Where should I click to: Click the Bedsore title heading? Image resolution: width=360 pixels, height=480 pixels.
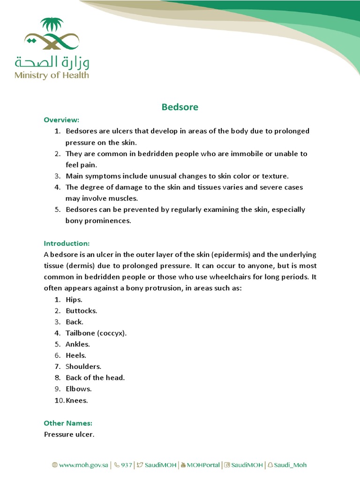pos(180,107)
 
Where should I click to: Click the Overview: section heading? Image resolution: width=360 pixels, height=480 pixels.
pos(61,120)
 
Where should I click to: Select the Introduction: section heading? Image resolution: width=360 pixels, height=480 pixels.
pos(67,243)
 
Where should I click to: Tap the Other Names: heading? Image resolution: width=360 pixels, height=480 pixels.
pos(68,423)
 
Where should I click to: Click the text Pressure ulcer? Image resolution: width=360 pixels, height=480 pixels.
pos(69,434)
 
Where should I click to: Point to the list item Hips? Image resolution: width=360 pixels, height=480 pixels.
pos(74,300)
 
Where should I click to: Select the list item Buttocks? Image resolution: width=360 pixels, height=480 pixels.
pos(81,311)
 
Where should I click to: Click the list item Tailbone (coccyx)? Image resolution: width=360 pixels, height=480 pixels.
pos(96,333)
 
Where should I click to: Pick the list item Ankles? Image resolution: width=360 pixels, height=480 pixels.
pos(77,344)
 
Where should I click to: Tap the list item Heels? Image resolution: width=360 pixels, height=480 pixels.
pos(76,355)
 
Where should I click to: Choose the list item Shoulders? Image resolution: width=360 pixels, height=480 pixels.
pos(83,367)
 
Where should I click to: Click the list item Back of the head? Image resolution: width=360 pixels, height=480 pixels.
pos(95,378)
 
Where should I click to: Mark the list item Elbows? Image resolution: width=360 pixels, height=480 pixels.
pos(78,389)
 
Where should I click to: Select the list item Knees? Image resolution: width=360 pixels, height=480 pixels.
pos(77,400)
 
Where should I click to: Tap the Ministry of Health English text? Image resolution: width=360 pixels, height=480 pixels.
pos(52,75)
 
